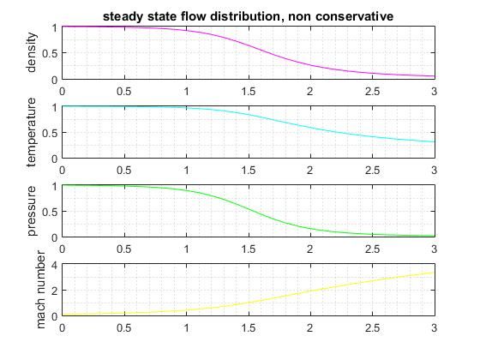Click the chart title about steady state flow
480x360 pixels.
tap(248, 16)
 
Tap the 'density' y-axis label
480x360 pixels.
tap(32, 52)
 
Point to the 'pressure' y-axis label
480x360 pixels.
tap(32, 211)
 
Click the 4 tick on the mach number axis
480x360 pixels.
tap(53, 265)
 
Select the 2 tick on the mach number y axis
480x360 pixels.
tap(53, 291)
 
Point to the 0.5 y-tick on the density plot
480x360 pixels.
tap(49, 53)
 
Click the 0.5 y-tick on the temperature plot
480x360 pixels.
tap(49, 132)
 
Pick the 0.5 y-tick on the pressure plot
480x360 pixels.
tap(49, 212)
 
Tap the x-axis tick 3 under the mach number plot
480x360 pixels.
tap(434, 326)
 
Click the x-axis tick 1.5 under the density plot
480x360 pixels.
tap(249, 88)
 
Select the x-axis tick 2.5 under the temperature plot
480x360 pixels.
tap(372, 168)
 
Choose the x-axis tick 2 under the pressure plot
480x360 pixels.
tap(310, 247)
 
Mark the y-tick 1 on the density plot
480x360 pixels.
tap(53, 27)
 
